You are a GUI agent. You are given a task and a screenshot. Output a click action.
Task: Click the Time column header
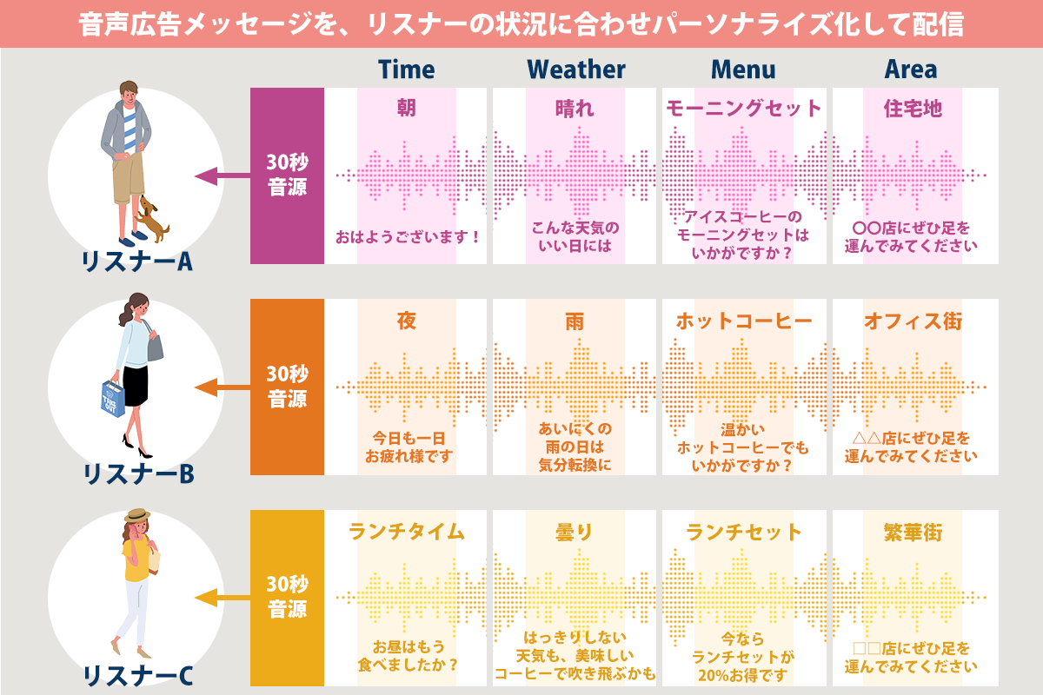[406, 69]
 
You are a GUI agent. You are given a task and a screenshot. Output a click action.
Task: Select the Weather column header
[575, 69]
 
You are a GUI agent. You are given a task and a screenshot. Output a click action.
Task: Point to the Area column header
[910, 69]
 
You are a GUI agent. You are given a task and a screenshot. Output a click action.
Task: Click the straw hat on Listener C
[137, 517]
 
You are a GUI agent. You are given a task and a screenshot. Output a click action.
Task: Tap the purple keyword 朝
[406, 108]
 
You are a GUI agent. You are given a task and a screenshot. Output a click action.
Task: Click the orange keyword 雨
[575, 321]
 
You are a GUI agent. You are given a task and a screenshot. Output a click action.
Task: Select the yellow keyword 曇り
[575, 532]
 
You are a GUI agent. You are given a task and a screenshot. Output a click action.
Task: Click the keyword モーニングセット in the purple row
[744, 108]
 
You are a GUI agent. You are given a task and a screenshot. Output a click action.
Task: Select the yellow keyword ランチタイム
[406, 532]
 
